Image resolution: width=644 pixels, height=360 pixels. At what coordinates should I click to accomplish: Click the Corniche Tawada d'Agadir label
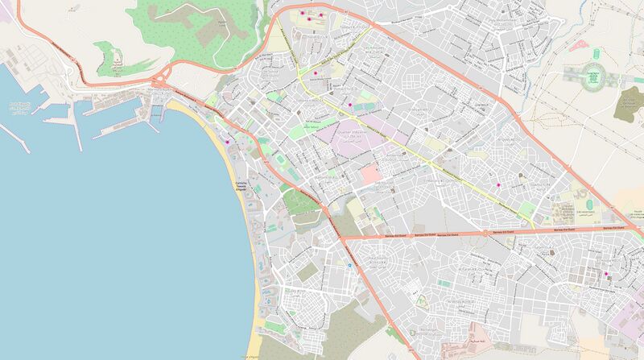click(240, 186)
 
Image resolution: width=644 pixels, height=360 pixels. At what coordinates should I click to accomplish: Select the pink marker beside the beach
click(228, 143)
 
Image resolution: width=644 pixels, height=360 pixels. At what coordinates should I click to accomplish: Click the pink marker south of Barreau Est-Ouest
click(606, 274)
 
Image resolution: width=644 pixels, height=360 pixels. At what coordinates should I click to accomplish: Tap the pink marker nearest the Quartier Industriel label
click(351, 105)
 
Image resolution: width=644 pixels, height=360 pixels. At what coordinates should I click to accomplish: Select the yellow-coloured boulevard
click(419, 148)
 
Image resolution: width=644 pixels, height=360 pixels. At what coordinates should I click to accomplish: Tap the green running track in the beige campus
click(586, 205)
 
